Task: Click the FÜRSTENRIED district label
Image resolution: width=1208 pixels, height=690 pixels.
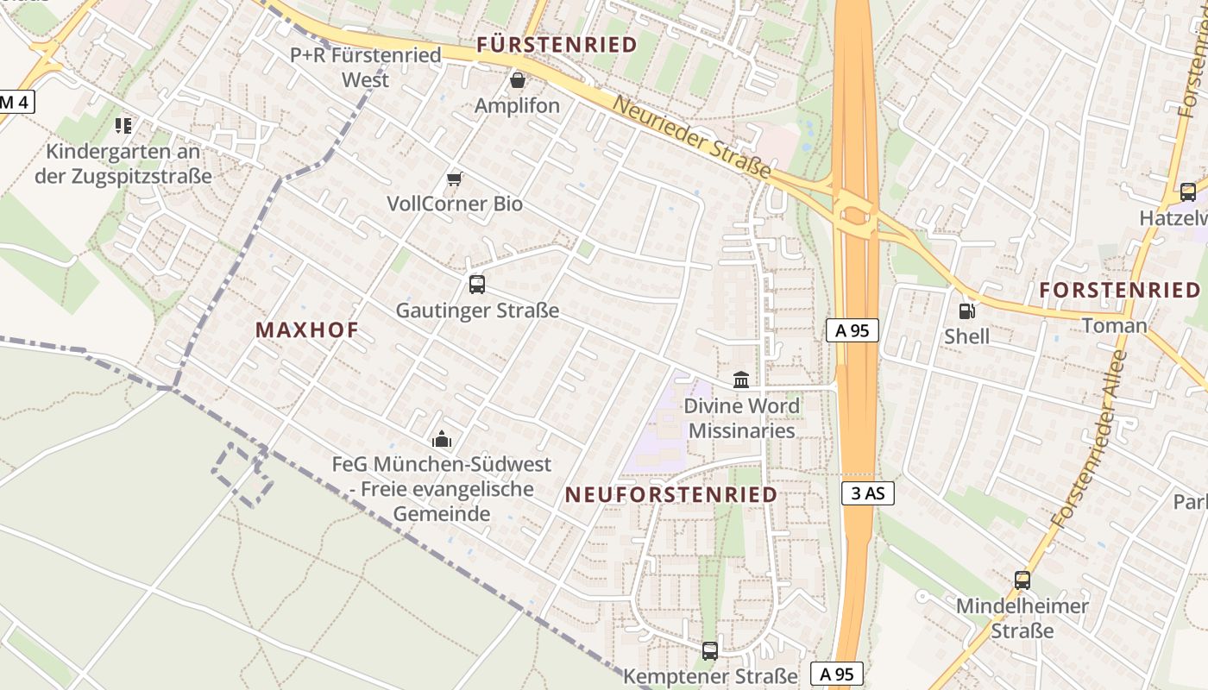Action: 557,44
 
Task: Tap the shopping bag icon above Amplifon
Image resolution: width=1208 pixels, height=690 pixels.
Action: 518,80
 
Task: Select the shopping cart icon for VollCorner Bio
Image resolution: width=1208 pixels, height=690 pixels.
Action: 455,179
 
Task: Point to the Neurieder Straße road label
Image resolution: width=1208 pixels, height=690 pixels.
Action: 691,138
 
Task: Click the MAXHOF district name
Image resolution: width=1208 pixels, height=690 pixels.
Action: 307,329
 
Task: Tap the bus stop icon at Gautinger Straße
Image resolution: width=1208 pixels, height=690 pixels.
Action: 477,284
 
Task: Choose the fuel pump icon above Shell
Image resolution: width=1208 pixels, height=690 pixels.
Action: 967,310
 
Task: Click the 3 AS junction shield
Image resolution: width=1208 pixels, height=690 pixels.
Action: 867,493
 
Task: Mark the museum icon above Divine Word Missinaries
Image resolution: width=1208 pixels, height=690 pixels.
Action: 741,379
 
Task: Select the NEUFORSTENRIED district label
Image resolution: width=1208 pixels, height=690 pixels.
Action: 671,495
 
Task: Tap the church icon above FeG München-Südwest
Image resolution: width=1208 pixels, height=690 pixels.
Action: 442,439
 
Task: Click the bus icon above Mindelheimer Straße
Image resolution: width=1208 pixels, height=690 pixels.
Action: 1022,580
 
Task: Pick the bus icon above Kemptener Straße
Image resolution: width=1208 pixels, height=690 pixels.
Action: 710,650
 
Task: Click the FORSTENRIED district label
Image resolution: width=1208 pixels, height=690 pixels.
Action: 1120,291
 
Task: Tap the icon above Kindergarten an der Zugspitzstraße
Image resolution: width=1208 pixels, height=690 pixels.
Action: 123,126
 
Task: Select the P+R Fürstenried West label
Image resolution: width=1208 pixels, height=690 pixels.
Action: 366,67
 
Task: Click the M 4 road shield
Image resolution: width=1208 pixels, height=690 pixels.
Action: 15,102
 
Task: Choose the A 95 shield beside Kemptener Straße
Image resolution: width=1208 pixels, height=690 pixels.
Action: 837,674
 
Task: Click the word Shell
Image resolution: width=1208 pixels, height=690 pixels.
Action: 967,336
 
